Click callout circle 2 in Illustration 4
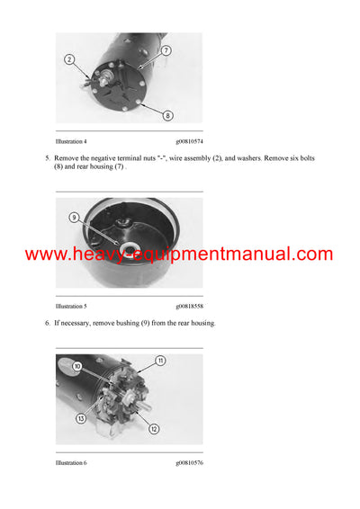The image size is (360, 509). (69, 59)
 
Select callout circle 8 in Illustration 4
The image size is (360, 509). (166, 115)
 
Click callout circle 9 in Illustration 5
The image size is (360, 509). (74, 217)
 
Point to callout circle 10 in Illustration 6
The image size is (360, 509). (78, 367)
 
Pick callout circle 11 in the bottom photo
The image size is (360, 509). (160, 361)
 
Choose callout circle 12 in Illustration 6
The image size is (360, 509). (154, 429)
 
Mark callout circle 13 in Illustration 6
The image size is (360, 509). (81, 418)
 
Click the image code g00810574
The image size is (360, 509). (189, 142)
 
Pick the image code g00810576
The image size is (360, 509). (189, 463)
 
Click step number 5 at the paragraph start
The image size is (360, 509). (47, 158)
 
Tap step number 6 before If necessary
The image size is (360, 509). (47, 323)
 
